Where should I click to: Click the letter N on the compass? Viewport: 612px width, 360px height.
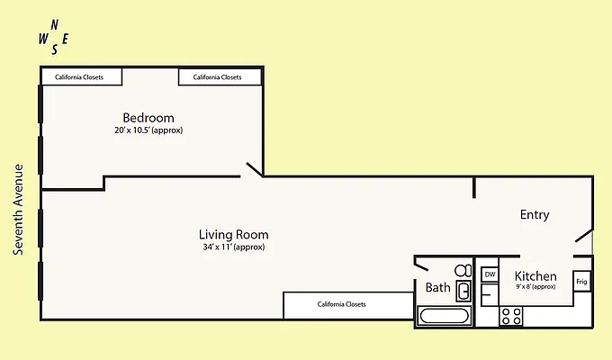tap(55, 24)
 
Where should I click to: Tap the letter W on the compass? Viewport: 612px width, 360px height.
tap(43, 39)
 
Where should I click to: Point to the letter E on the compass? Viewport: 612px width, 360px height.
tap(66, 37)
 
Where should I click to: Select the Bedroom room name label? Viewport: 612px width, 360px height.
tap(148, 118)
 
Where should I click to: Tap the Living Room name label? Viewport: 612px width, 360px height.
tap(233, 235)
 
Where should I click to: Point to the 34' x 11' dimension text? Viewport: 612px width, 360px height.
tap(233, 247)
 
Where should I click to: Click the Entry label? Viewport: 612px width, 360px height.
tap(535, 215)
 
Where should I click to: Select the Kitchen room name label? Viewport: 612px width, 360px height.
tap(535, 276)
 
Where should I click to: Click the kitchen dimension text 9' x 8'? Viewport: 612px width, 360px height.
tap(535, 287)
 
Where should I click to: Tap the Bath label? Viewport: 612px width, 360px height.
tap(437, 288)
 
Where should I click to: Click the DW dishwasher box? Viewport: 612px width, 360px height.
tap(490, 274)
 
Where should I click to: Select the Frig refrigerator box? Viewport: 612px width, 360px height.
tap(581, 282)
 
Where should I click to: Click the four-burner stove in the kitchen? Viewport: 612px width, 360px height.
tap(511, 316)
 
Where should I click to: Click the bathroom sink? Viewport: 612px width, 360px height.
tap(463, 291)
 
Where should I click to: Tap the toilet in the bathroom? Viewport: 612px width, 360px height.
tap(463, 270)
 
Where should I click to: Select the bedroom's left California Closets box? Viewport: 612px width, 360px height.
tap(81, 77)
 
